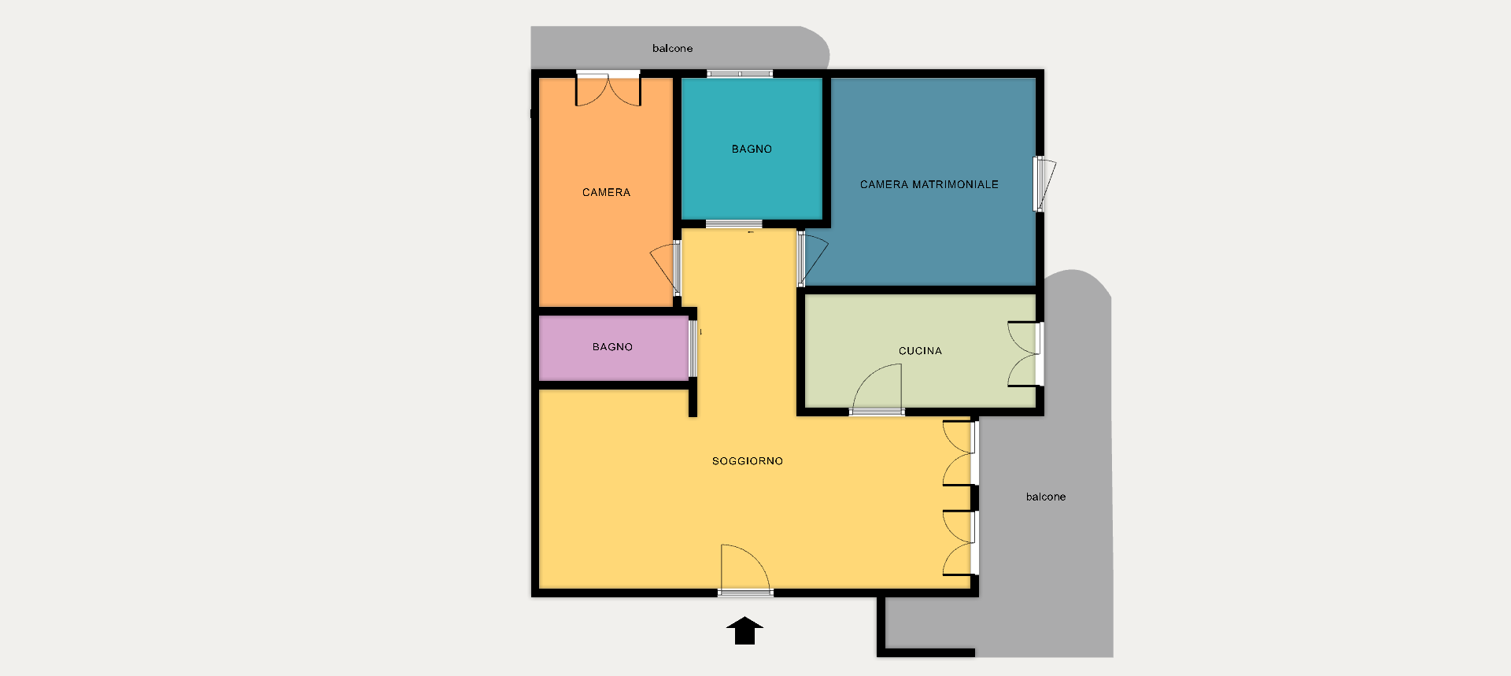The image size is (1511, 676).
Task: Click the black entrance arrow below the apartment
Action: [744, 631]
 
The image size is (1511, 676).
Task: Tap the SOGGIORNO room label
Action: [748, 461]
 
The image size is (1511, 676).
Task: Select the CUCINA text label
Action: [920, 351]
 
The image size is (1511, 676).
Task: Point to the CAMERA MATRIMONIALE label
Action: [929, 184]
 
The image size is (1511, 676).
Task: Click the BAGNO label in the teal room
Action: [752, 149]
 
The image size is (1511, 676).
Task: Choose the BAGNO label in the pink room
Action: [612, 347]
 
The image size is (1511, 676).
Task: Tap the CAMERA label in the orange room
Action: [606, 192]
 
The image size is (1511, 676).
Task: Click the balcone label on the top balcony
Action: [672, 48]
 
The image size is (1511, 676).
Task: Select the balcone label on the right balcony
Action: [1046, 497]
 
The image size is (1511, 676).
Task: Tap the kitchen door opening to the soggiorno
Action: [877, 390]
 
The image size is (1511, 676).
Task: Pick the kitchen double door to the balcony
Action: [1025, 354]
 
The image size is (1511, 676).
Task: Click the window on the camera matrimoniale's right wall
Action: [1044, 184]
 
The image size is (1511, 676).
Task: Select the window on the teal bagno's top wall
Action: [740, 74]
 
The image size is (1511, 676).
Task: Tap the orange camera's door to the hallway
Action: [666, 268]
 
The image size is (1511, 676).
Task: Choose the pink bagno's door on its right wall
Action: [693, 349]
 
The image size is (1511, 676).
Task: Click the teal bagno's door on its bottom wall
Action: [733, 224]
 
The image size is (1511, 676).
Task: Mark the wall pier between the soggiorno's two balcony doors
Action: [974, 497]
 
